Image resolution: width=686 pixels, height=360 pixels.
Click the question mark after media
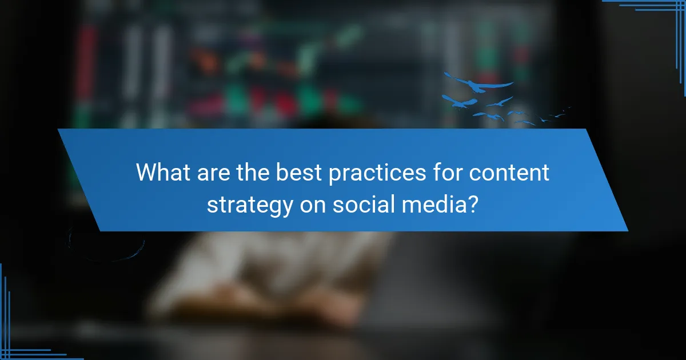(x=473, y=204)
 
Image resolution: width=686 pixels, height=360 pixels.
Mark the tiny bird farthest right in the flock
(x=568, y=108)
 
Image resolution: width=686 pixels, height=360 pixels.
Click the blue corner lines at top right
(x=663, y=11)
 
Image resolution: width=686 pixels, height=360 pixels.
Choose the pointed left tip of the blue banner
(x=59, y=131)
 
